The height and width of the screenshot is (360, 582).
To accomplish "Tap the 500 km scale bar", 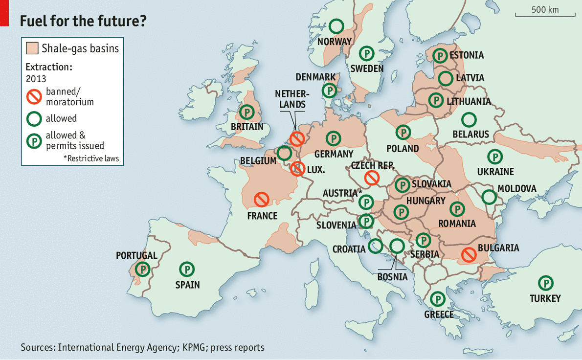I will [545, 15].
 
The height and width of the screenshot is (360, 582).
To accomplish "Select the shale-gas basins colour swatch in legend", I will [32, 48].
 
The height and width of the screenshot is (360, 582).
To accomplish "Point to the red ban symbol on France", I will [262, 199].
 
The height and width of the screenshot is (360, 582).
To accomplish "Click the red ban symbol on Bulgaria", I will [469, 254].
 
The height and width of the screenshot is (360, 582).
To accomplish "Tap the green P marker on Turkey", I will [545, 283].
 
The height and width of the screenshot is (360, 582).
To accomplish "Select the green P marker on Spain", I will [187, 269].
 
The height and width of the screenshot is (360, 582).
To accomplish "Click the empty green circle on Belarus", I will [469, 119].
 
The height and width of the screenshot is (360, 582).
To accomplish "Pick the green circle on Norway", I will [336, 25].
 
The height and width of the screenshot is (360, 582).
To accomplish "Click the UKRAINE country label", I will [495, 172].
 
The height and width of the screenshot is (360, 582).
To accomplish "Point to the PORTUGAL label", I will [136, 255].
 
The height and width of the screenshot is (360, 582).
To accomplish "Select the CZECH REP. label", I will [372, 166].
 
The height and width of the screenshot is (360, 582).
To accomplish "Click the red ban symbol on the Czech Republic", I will [372, 178].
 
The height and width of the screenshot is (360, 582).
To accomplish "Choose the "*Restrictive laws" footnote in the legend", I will [91, 158].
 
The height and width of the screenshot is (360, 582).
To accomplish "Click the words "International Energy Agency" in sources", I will [117, 347].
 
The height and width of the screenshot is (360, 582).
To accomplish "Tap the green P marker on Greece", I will [437, 298].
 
